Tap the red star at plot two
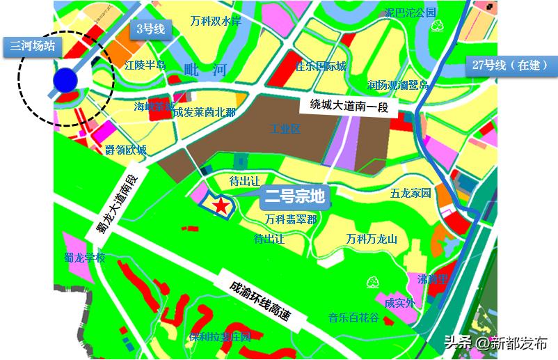click(220, 205)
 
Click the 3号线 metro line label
click(150, 29)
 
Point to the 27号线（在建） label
click(510, 65)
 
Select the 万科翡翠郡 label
click(290, 219)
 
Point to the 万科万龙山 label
click(372, 239)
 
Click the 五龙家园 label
click(410, 193)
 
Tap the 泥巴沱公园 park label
click(410, 13)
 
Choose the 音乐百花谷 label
click(353, 318)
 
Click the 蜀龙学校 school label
click(84, 257)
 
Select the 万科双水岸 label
click(216, 21)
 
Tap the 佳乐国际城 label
click(320, 67)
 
